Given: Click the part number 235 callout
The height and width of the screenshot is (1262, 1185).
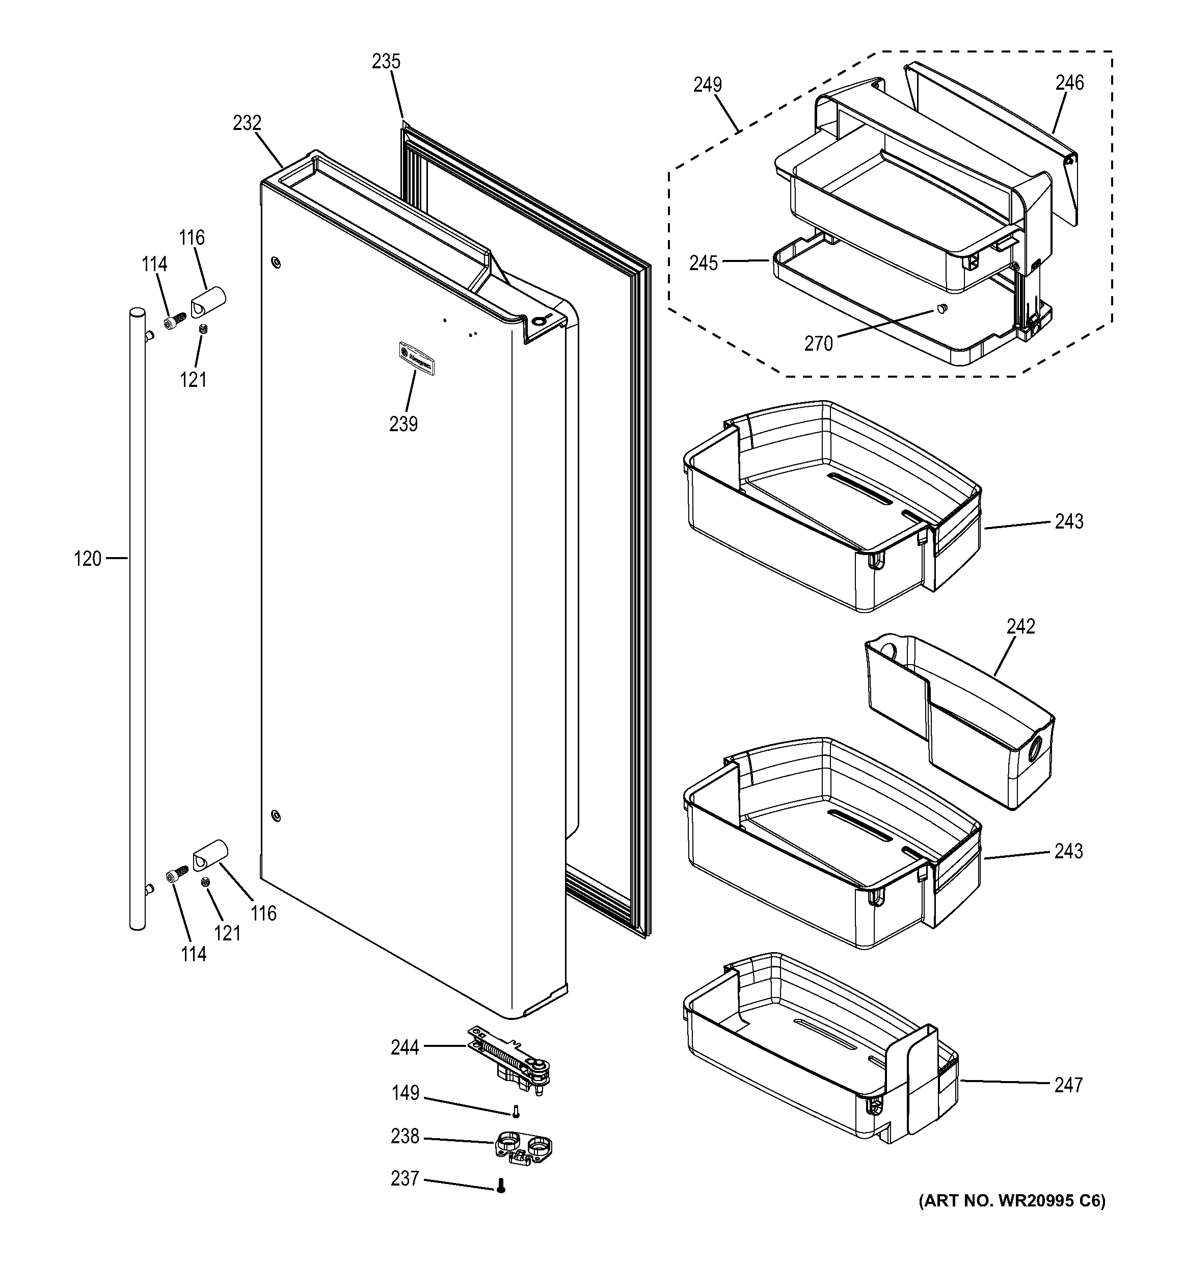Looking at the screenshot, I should point(386,62).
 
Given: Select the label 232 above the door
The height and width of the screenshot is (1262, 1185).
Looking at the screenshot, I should point(247,122).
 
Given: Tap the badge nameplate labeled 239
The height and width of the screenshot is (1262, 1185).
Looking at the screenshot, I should point(416,358).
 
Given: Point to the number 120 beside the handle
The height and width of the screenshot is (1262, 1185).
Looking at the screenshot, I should point(88,559).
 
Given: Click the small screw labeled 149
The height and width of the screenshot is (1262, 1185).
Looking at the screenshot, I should point(516,1112).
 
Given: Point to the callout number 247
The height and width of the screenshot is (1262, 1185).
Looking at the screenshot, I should point(1068,1086).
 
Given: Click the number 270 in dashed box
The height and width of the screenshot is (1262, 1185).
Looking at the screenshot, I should point(818,344).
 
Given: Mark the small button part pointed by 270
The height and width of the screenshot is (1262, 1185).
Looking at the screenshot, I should point(941,308).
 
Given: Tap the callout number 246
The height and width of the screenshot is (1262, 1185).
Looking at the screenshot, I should point(1069,83).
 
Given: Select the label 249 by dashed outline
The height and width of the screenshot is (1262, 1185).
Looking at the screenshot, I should point(707,85).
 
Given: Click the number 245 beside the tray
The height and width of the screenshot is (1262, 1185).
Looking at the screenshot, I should point(704,263).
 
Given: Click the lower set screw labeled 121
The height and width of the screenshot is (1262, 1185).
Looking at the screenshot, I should point(205,882).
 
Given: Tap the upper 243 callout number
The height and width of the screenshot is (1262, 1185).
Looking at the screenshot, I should point(1069,522).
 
